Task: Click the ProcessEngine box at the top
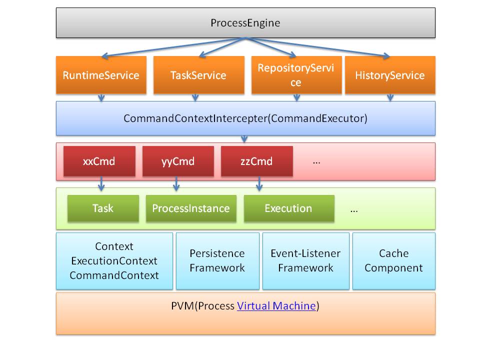coord(245,23)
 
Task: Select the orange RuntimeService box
coord(101,75)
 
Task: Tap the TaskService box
coord(198,75)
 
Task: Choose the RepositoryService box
coord(296,75)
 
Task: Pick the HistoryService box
coord(390,75)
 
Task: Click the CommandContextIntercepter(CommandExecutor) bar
coord(245,118)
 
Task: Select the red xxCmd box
coord(99,161)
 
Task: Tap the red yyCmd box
coord(178,161)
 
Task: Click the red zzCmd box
coord(256,161)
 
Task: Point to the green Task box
coord(103,208)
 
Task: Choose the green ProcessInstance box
coord(191,208)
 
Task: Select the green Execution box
coord(288,208)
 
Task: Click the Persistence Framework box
coord(217,260)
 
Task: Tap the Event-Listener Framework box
coord(305,260)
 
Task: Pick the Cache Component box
coord(393,260)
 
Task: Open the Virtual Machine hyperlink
coord(276,306)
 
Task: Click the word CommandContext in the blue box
coord(114,275)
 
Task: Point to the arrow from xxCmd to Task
coord(101,183)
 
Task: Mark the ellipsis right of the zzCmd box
coord(316,162)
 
